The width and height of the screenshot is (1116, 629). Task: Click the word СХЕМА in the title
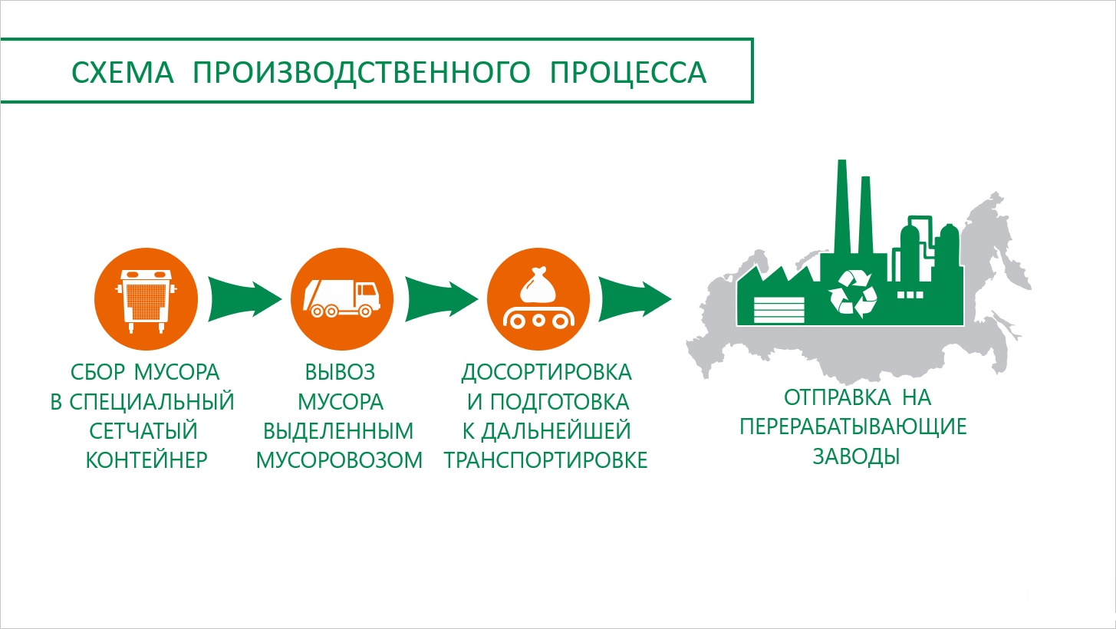[x=123, y=72]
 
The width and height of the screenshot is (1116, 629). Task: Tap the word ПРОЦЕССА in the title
[x=628, y=72]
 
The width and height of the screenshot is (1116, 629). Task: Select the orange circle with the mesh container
[x=146, y=299]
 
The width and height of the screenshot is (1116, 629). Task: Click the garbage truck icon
[x=342, y=298]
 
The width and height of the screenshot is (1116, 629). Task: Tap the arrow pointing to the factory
[x=635, y=299]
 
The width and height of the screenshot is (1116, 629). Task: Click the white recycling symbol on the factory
[x=853, y=294]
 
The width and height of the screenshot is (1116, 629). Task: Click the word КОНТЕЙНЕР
[x=146, y=460]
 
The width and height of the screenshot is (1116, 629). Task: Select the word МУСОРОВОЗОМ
[x=339, y=460]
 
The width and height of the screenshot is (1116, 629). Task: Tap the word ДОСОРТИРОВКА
[x=547, y=373]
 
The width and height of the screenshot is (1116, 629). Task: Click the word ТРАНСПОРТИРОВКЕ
[x=546, y=460]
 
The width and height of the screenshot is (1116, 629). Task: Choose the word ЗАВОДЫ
[x=856, y=456]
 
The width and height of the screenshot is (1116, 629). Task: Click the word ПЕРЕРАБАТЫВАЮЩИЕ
[x=853, y=426]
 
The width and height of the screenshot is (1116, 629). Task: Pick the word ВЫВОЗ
[x=341, y=372]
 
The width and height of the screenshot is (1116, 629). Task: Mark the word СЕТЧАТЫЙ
[x=143, y=431]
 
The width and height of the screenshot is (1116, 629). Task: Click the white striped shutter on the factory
[x=779, y=310]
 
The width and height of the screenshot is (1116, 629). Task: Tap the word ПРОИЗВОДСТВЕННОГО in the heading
[x=362, y=73]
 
